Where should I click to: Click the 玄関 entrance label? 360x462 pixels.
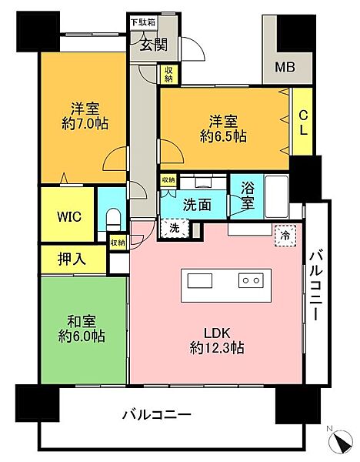[x=153, y=45]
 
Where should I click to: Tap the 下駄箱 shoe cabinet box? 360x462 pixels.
[x=143, y=22]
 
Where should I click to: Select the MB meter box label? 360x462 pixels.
[x=285, y=67]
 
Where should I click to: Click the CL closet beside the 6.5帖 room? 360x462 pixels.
[x=302, y=122]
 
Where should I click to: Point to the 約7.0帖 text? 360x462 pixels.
[x=85, y=124]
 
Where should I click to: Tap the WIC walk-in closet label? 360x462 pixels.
[x=69, y=217]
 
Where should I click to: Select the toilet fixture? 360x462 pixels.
[x=113, y=219]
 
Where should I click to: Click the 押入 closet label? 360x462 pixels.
[x=72, y=259]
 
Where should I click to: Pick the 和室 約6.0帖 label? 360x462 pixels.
[x=82, y=329]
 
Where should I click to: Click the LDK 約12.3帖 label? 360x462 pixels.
[x=217, y=340]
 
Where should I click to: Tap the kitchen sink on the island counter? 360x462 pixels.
[x=199, y=281]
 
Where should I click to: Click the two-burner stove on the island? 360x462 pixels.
[x=251, y=280]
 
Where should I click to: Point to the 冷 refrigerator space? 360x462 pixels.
[x=285, y=236]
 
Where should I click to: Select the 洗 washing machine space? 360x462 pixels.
[x=175, y=228]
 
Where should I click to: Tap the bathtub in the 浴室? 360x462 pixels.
[x=276, y=197]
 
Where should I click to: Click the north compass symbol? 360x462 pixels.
[x=342, y=440]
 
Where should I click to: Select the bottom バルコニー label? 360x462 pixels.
[x=157, y=415]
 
